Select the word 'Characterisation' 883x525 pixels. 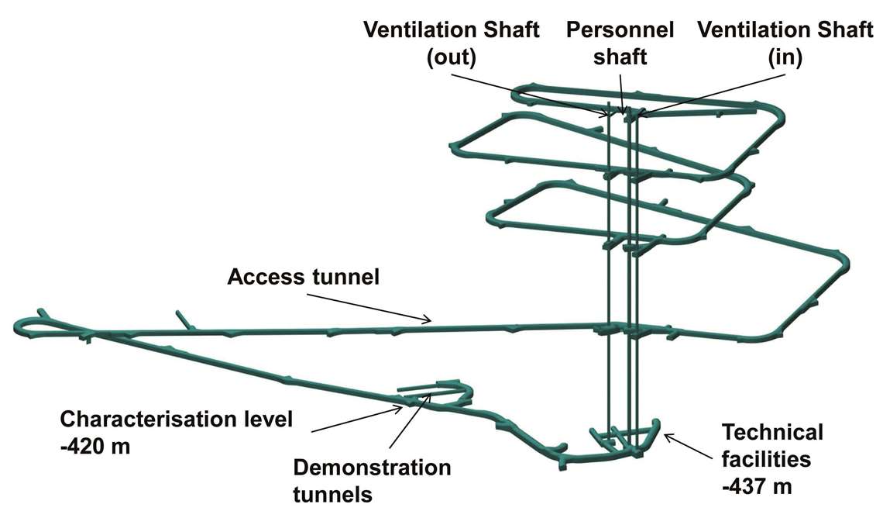148,420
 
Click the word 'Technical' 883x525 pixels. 772,431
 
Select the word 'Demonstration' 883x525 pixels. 371,468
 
